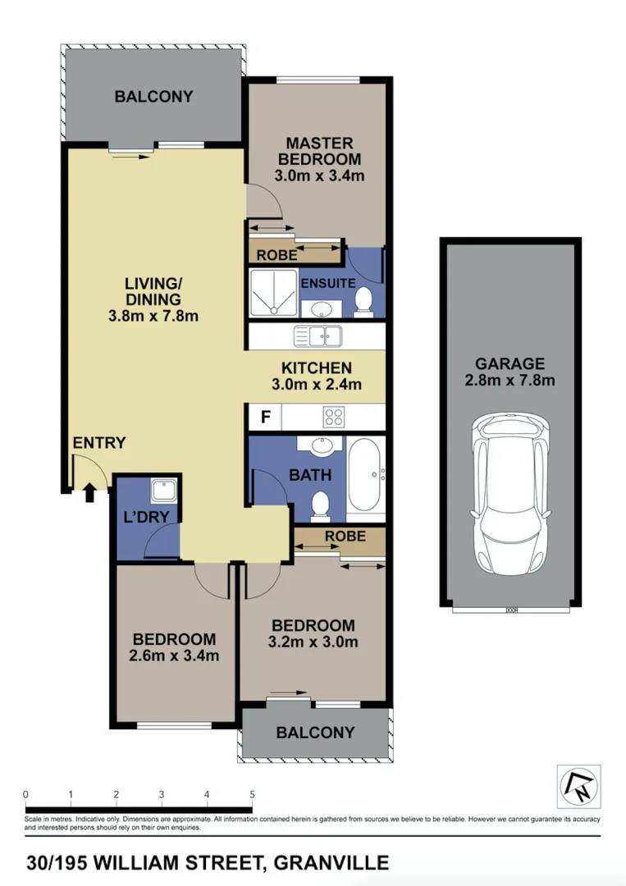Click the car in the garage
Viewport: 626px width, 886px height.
pos(509,496)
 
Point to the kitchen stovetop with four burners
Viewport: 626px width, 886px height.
pos(334,418)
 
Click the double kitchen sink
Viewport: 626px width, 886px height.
pos(319,336)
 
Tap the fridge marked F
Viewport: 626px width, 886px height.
pos(265,418)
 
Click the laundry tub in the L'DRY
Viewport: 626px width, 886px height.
pos(160,492)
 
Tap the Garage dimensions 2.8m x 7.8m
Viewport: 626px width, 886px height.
pos(509,380)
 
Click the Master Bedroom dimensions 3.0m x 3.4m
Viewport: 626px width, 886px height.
pos(318,175)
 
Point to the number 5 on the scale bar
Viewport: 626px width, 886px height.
pos(252,794)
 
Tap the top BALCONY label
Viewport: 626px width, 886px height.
pos(153,97)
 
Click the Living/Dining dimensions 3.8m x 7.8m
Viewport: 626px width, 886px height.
pos(153,316)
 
